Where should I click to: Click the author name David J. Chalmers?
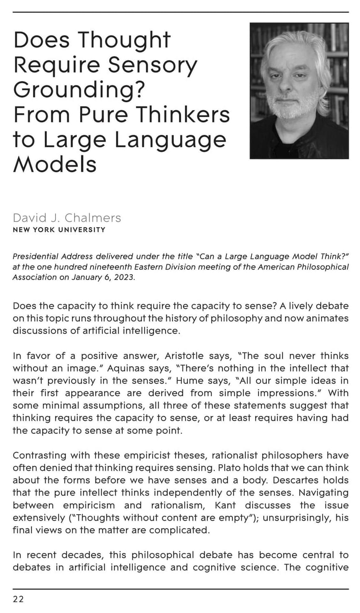pyautogui.click(x=67, y=217)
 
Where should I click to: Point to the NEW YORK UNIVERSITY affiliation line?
pyautogui.click(x=59, y=230)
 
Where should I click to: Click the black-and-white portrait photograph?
pyautogui.click(x=299, y=91)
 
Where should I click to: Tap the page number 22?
pyautogui.click(x=18, y=599)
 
